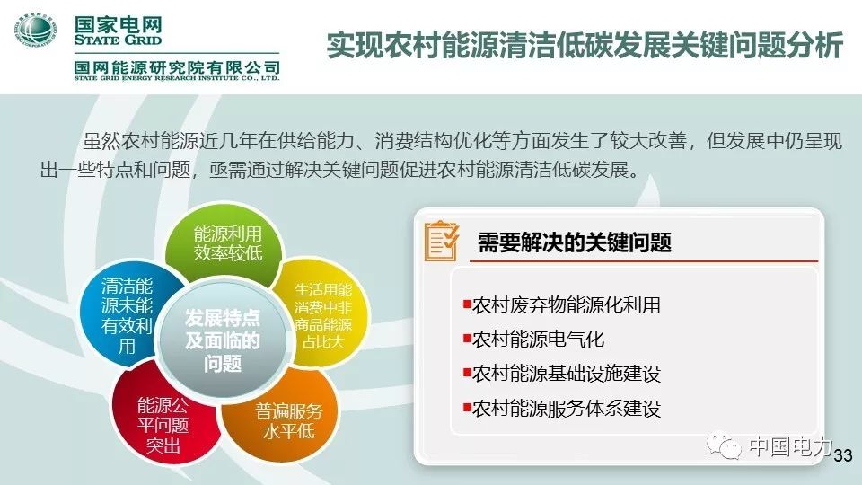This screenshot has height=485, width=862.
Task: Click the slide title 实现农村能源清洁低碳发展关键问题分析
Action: point(584,47)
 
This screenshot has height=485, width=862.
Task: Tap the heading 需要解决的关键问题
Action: point(575,242)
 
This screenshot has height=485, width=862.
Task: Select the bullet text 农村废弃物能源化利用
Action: point(567,305)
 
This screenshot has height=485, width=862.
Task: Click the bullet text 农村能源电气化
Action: point(538,339)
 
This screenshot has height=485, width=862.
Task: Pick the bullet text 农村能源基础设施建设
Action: point(567,374)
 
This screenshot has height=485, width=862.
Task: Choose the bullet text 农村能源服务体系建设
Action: point(567,408)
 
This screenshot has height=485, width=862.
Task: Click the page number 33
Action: point(843,456)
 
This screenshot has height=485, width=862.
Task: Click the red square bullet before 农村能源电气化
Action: point(467,339)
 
